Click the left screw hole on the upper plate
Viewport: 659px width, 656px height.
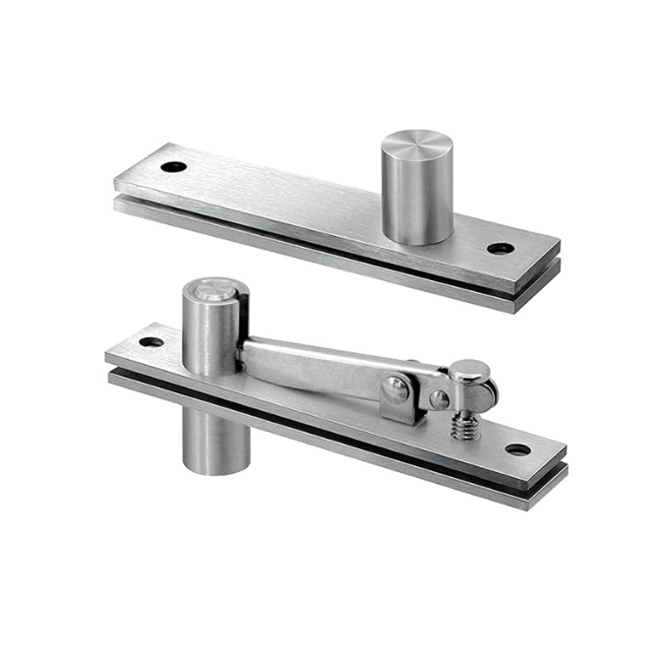pyautogui.click(x=174, y=166)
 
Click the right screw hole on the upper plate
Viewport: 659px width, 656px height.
pyautogui.click(x=500, y=248)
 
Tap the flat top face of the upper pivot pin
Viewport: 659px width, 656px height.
pyautogui.click(x=416, y=146)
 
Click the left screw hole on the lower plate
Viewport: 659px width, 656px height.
pyautogui.click(x=150, y=342)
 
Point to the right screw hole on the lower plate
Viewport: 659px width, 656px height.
pyautogui.click(x=517, y=449)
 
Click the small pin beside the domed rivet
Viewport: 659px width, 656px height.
pyautogui.click(x=439, y=399)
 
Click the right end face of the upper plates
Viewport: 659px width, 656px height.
pyautogui.click(x=550, y=280)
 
